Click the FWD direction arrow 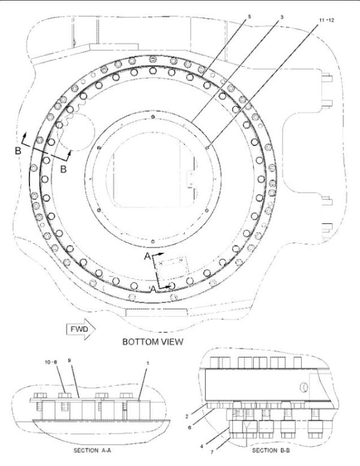coord(80,329)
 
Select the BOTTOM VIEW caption coord(152,342)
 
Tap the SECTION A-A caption coord(92,450)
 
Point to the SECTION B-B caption coord(271,450)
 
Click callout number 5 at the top coord(249,17)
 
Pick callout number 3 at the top coord(282,17)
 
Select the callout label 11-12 coord(327,20)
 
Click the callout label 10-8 coord(50,362)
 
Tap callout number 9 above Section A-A coord(69,360)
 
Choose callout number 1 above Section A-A coord(148,363)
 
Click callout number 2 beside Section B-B coord(187,416)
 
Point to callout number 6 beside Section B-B coord(190,428)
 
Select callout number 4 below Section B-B coord(202,446)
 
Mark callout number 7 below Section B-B coord(212,452)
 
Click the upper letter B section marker coord(18,151)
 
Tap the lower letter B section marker coord(63,169)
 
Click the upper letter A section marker coord(148,256)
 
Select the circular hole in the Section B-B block coord(304,387)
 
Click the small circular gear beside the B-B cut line coord(75,132)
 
